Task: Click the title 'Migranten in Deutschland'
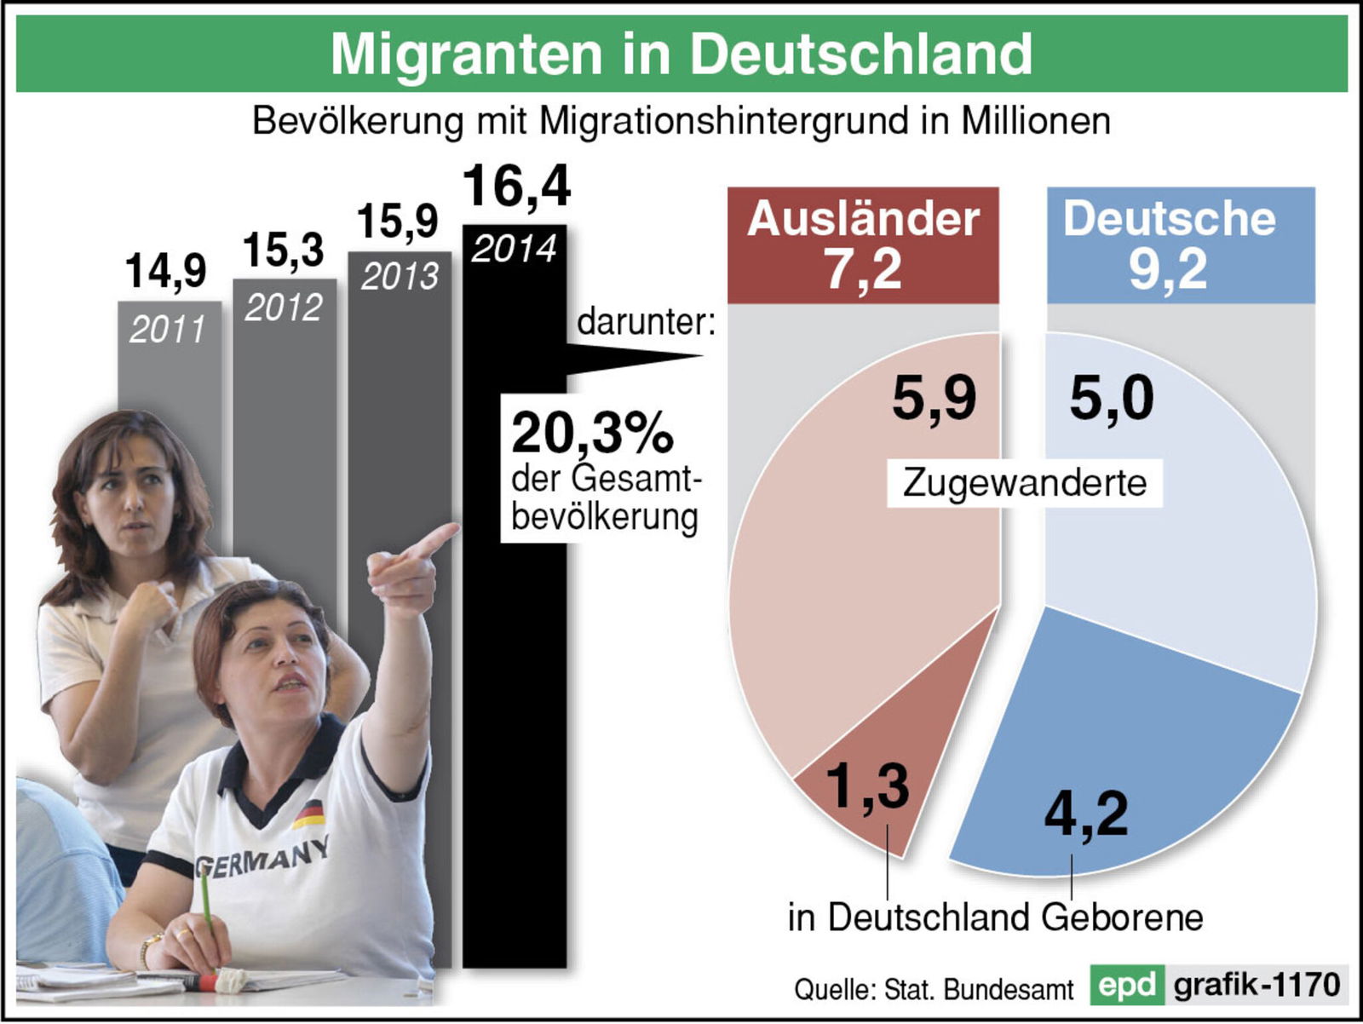681,54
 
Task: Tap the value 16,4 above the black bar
516,187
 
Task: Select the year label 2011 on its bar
167,330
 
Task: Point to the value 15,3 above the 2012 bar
283,250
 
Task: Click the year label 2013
399,277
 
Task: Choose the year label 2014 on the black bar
514,249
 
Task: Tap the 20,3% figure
592,432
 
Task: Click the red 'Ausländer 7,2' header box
862,244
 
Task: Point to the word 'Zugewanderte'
1024,483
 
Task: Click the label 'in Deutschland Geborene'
995,918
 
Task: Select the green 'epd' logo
1126,985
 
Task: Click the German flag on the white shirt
308,814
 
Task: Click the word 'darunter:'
646,323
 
